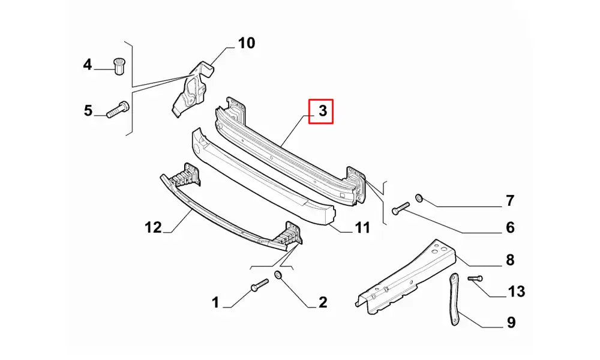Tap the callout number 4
(x=88, y=64)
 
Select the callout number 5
(x=88, y=110)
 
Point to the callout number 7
(x=509, y=200)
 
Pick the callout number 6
(x=509, y=227)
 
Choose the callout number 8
(x=509, y=260)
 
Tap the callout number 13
(x=517, y=292)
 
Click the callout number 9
(x=510, y=323)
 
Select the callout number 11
(x=362, y=228)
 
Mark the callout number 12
(x=153, y=227)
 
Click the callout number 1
(x=216, y=302)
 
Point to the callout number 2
(x=322, y=302)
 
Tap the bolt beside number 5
(x=118, y=109)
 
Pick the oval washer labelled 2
(x=278, y=275)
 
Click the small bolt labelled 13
(x=475, y=278)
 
